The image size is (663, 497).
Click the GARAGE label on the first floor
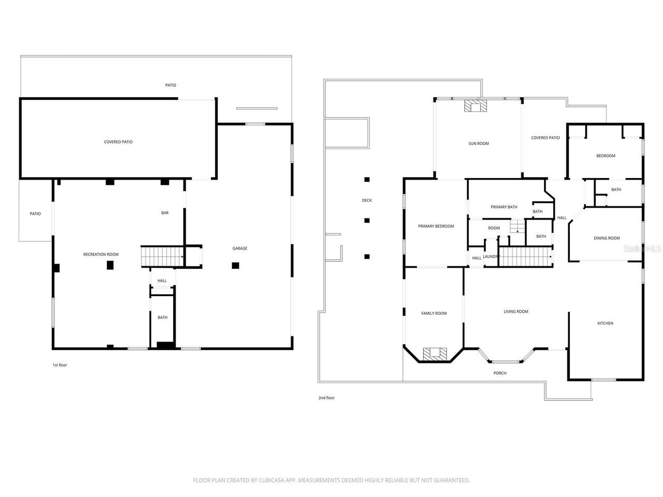239,248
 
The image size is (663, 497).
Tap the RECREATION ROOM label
101,254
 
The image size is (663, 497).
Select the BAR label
165,213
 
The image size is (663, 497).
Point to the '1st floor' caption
60,365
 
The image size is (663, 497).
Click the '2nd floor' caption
326,398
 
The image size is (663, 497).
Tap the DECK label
367,200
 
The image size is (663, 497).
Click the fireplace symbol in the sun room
475,106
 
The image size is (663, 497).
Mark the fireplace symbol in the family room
434,354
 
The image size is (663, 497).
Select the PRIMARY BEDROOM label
436,226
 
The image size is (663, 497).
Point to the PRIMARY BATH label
504,207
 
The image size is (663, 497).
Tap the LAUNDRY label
491,257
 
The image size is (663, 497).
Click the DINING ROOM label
607,238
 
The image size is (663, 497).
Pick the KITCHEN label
605,323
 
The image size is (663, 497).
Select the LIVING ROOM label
516,312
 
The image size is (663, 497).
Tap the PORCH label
500,373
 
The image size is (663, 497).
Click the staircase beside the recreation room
163,256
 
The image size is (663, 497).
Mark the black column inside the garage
236,266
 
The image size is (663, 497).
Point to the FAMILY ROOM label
434,313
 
